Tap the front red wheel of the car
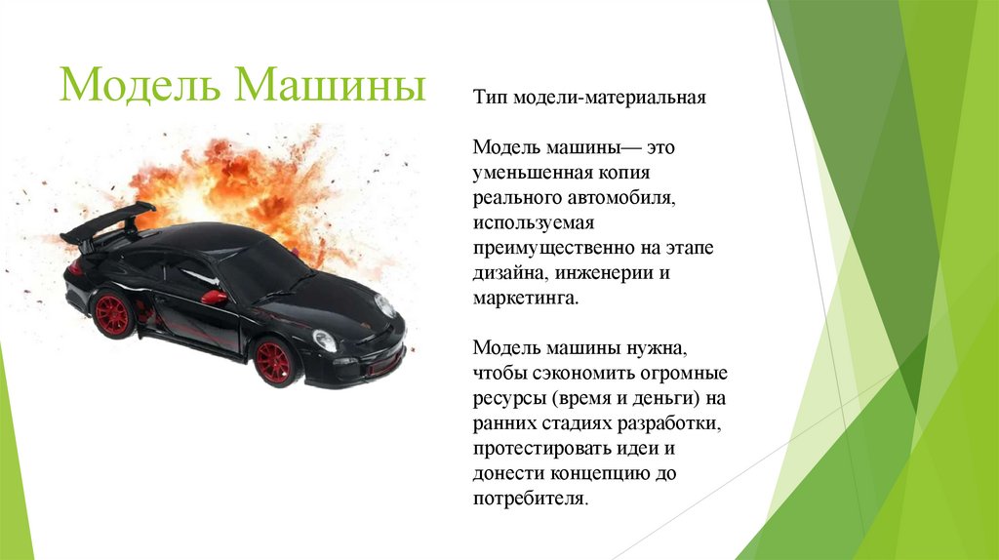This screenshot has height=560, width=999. (x=274, y=361)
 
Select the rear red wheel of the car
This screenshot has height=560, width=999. (x=112, y=314)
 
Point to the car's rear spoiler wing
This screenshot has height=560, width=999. (x=107, y=223)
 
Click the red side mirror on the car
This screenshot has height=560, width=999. (x=214, y=297)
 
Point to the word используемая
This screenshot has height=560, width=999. (x=533, y=223)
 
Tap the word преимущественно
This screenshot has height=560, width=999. (x=553, y=248)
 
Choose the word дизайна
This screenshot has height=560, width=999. (x=509, y=273)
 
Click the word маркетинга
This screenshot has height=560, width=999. (x=526, y=298)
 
